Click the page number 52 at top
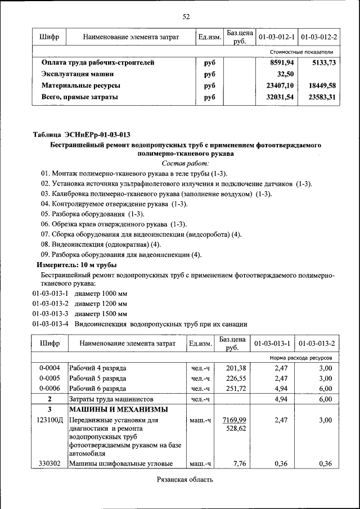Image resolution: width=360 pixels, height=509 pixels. tap(186, 16)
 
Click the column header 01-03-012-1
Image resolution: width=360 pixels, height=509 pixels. tap(276, 37)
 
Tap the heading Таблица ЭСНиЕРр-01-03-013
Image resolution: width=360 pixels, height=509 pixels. tap(82, 134)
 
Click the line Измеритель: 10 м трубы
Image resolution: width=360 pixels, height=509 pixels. tap(76, 264)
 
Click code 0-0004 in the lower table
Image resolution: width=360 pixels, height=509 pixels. tap(49, 368)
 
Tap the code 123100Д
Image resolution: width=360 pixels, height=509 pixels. tap(49, 420)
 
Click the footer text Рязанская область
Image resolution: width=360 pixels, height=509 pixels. tap(185, 480)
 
